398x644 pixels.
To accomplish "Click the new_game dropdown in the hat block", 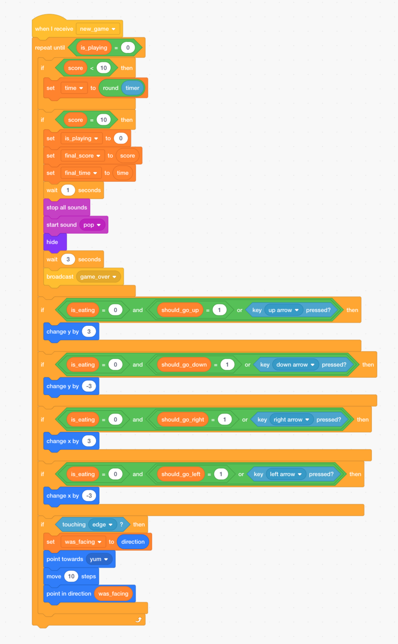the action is [98, 29].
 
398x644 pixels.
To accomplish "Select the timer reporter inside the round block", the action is [132, 88].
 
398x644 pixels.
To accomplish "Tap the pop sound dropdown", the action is [92, 225].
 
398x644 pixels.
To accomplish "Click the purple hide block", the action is [52, 242].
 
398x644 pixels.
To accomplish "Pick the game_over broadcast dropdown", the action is [98, 277].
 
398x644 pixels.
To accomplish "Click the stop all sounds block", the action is [66, 208].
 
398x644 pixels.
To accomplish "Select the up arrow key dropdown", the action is [283, 310].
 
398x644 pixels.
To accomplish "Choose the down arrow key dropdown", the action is [295, 364].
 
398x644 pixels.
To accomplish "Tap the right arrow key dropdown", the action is [291, 420].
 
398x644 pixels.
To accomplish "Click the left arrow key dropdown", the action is [286, 474].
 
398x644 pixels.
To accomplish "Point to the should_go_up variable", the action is [180, 310].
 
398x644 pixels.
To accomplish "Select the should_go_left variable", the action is [181, 474].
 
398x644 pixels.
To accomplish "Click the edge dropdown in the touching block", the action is [103, 524].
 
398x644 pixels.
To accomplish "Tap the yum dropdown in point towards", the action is [99, 559].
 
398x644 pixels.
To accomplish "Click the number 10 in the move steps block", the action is [71, 576].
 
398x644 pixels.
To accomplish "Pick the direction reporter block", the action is [133, 542].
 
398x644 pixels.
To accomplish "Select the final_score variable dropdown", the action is [83, 156].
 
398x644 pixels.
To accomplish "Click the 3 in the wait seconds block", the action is [68, 260].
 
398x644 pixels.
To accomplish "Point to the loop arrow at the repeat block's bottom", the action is [138, 620].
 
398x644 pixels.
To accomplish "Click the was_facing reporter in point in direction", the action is [113, 593].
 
